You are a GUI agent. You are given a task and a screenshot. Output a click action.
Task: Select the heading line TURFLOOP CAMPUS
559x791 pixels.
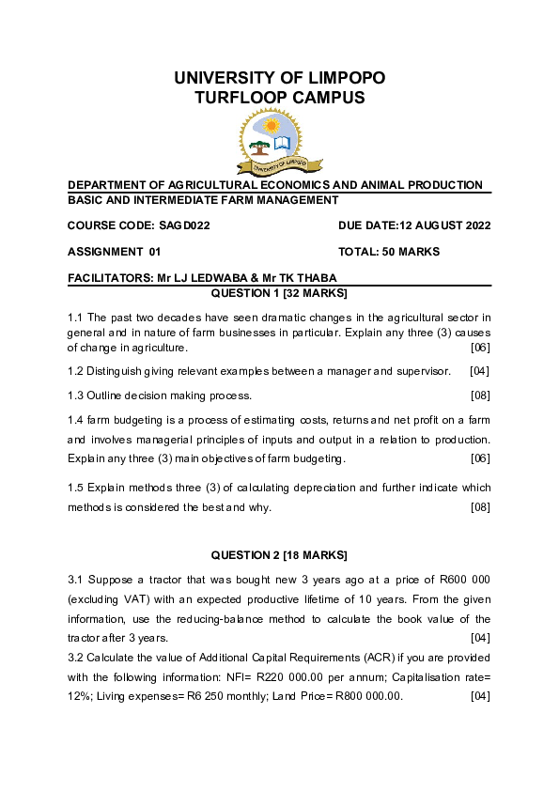tap(279, 98)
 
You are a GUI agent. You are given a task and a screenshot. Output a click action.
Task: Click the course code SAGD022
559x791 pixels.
tap(184, 225)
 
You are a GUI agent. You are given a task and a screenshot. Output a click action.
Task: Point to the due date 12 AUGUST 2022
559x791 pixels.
tap(445, 225)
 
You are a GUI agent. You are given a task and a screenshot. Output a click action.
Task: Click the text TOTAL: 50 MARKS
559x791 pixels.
tap(389, 252)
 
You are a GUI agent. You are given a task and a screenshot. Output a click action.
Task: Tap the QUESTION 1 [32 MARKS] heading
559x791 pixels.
tap(279, 293)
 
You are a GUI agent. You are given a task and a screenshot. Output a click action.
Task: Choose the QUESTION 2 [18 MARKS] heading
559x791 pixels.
tap(279, 554)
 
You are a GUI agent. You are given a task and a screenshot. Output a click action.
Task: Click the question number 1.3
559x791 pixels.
tap(76, 395)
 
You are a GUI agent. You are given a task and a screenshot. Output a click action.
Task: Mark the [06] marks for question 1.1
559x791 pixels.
tap(479, 348)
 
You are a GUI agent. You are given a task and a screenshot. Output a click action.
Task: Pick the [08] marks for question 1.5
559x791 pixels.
tap(479, 507)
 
